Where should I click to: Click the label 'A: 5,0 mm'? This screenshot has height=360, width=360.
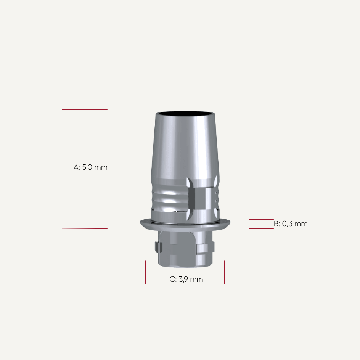90,167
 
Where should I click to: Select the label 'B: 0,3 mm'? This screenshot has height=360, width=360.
291,224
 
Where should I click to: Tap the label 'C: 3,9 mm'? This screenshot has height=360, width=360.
186,280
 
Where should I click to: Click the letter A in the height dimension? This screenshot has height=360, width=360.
76,167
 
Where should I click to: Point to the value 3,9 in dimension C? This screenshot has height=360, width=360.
183,280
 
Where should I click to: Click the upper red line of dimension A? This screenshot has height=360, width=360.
85,109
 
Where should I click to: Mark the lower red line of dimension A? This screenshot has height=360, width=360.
85,228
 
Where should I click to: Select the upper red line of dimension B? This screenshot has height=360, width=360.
261,220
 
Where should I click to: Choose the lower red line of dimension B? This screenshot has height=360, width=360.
261,229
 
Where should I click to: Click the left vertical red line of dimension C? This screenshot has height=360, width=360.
146,272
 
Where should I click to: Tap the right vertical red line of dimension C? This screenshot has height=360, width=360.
224,272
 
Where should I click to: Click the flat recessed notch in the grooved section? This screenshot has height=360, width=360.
200,198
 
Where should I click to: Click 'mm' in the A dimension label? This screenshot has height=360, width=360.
101,167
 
